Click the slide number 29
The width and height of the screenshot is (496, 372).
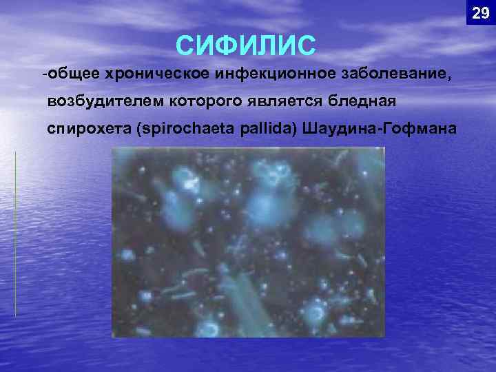[x=480, y=13]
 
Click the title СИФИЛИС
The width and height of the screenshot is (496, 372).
[x=246, y=45]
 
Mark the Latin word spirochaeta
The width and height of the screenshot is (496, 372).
[x=186, y=130]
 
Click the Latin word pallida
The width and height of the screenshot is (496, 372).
[x=266, y=130]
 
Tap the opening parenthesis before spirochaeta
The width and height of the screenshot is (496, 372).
[x=140, y=130]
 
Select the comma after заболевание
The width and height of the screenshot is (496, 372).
[x=451, y=78]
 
